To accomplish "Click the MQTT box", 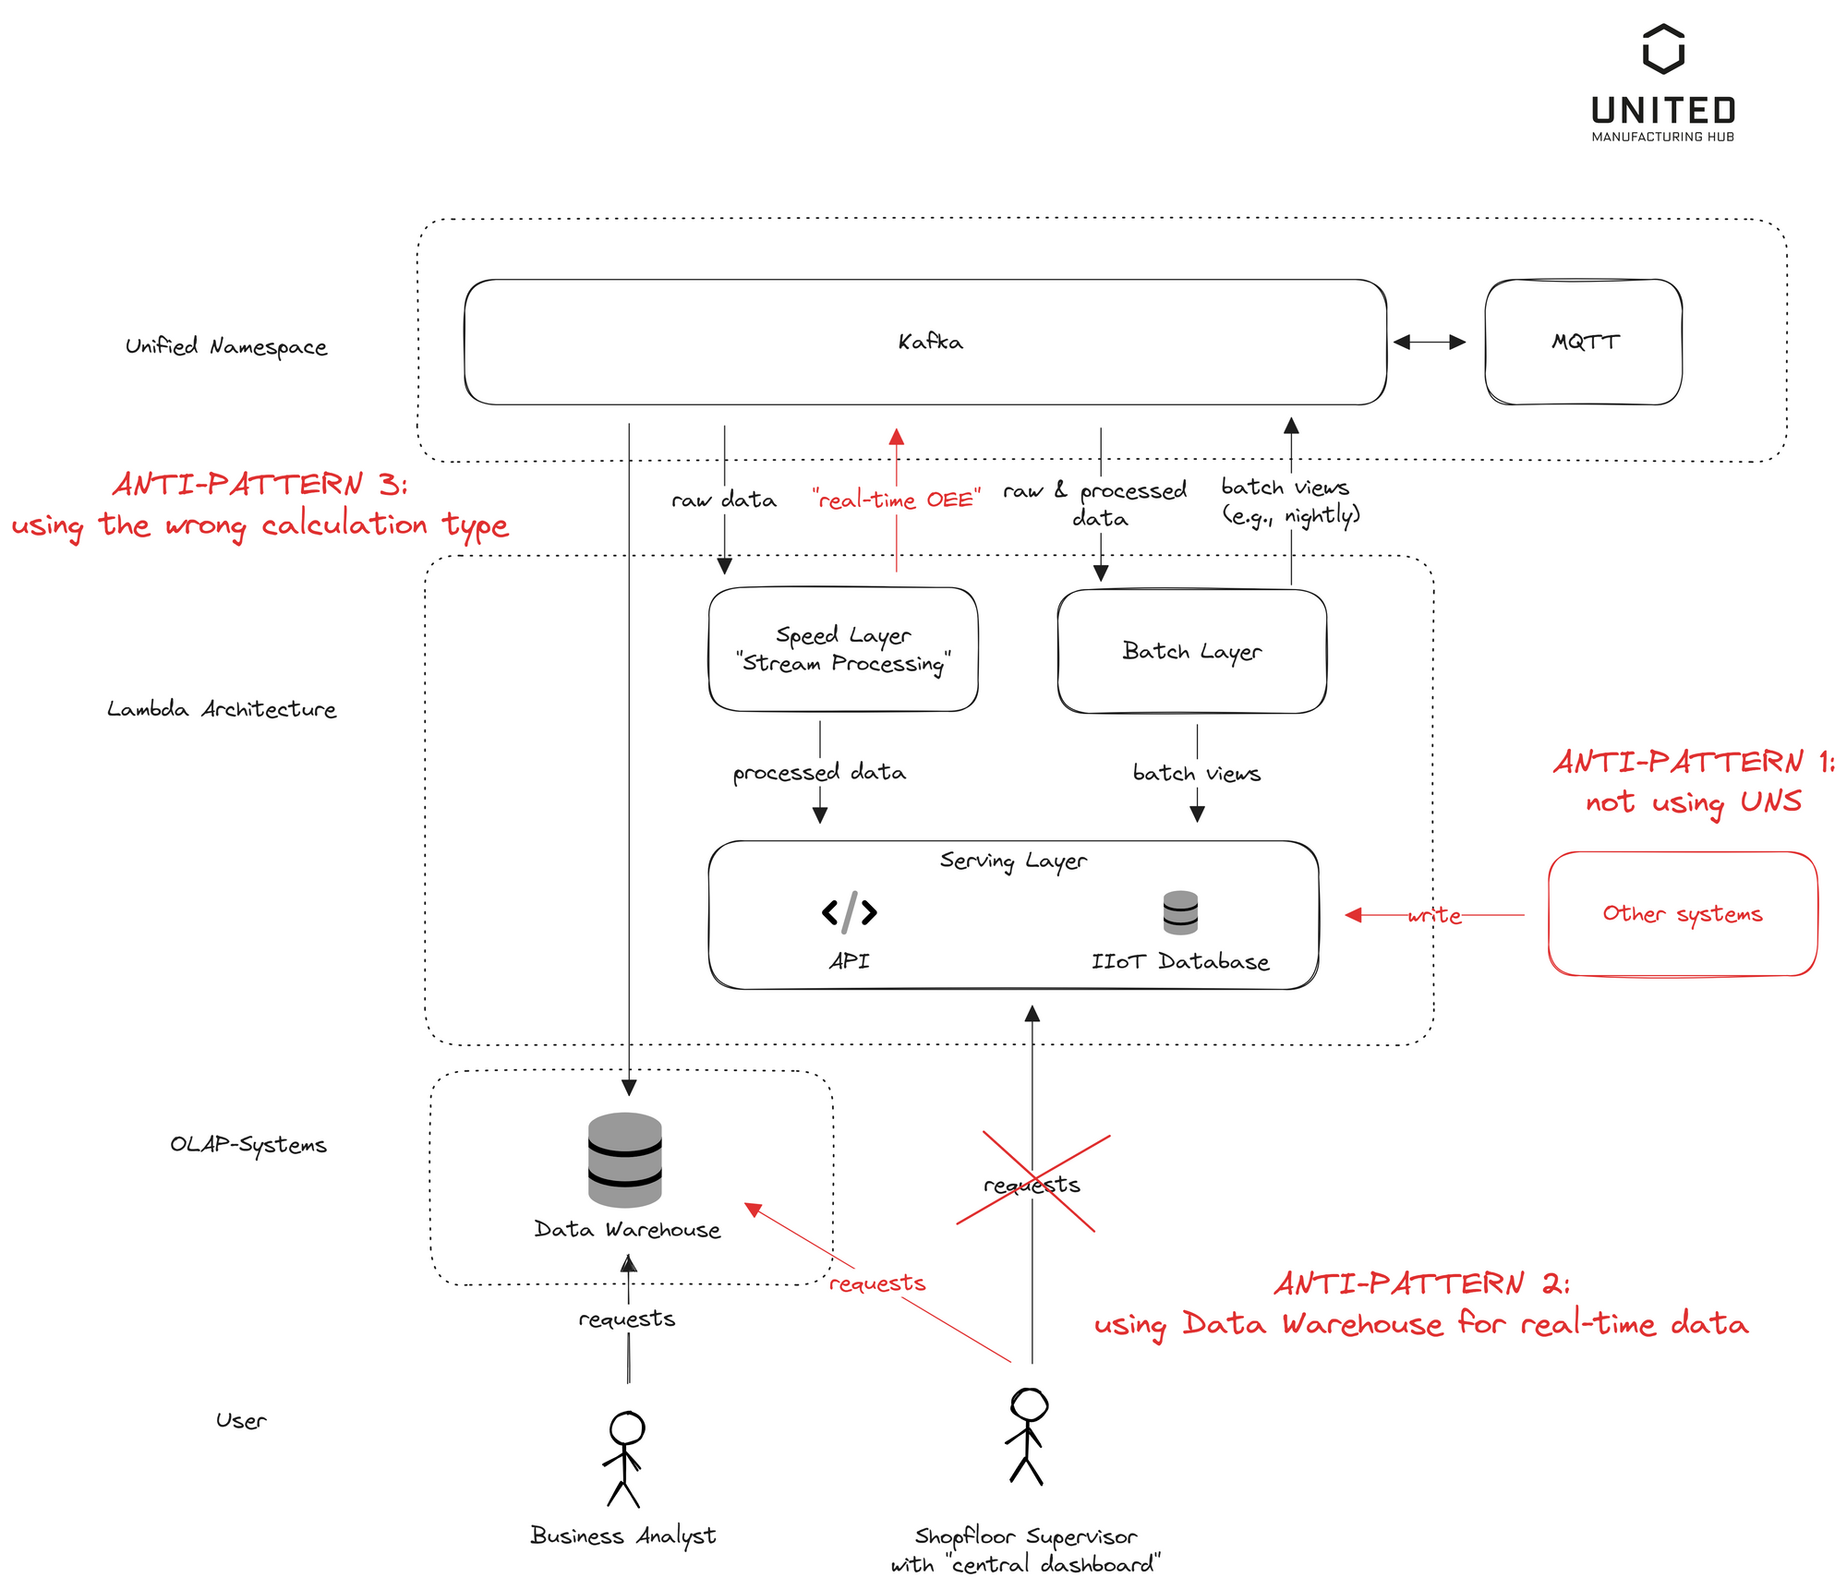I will (1583, 342).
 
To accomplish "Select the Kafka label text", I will (930, 342).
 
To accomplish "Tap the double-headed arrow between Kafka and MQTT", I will (1429, 342).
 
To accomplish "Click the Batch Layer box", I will (1191, 651).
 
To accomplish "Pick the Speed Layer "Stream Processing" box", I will (842, 649).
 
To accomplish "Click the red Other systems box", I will (1682, 913).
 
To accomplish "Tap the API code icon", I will (849, 912).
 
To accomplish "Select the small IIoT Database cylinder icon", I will (1180, 912).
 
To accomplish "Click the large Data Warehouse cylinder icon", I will (625, 1160).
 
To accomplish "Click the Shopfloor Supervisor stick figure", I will (1027, 1436).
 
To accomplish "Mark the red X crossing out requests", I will (1032, 1182).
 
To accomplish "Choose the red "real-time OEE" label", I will (896, 500).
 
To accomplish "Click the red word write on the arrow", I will (1434, 915).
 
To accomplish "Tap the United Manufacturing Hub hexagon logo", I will (1663, 49).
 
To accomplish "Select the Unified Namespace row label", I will (226, 346).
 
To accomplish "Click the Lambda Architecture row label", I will (222, 709).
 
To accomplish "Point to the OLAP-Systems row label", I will (247, 1144).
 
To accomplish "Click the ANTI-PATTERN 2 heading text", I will (1421, 1283).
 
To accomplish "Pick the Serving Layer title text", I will (1013, 861).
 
